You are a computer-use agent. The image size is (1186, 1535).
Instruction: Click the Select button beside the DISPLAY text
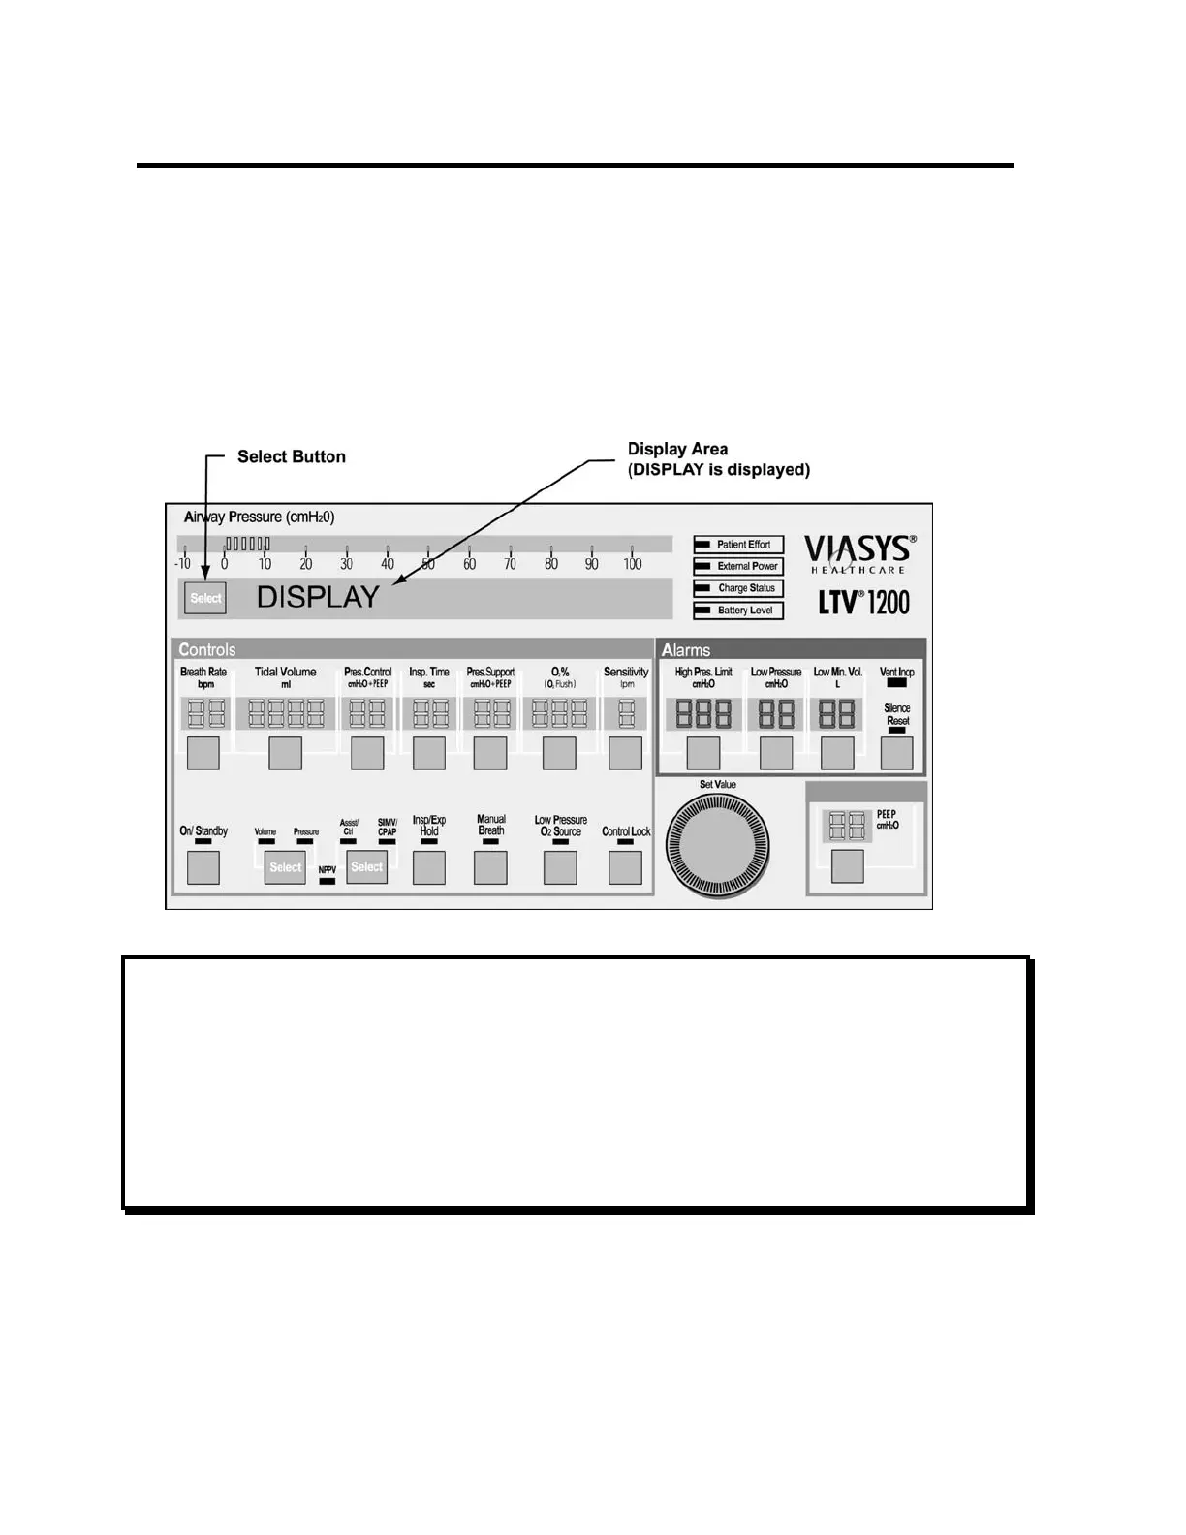[x=205, y=598]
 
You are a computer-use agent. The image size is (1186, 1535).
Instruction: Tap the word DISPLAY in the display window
[x=318, y=597]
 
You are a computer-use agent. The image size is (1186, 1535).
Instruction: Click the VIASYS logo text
[x=858, y=549]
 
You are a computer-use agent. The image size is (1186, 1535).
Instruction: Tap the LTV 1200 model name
[x=864, y=602]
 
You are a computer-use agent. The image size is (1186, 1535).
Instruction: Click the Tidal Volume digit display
[x=286, y=714]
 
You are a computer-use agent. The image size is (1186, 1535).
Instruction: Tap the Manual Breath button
[x=490, y=867]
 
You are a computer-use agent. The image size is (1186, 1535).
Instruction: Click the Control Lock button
[x=625, y=867]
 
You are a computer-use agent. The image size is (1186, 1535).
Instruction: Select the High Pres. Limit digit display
[x=703, y=714]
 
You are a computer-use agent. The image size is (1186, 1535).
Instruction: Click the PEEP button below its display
[x=848, y=866]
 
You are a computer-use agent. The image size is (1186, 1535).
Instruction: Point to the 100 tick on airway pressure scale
[x=632, y=564]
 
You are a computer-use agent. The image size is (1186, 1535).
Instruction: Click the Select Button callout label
[x=291, y=456]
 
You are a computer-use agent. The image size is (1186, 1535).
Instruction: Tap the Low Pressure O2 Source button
[x=560, y=867]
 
